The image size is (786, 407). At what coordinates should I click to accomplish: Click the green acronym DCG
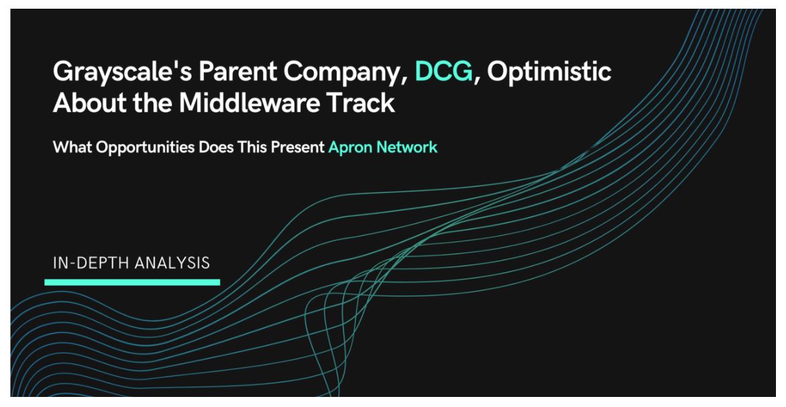coord(443,71)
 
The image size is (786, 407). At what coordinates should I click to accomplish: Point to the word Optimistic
coord(549,72)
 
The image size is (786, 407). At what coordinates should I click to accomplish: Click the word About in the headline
coord(89,103)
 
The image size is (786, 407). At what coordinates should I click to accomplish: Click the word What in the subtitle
coord(72,148)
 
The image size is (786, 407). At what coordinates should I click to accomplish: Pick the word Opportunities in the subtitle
coord(146,148)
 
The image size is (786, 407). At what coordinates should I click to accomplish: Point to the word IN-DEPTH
coord(86,263)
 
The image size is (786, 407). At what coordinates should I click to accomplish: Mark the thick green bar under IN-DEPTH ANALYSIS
coord(132,282)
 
